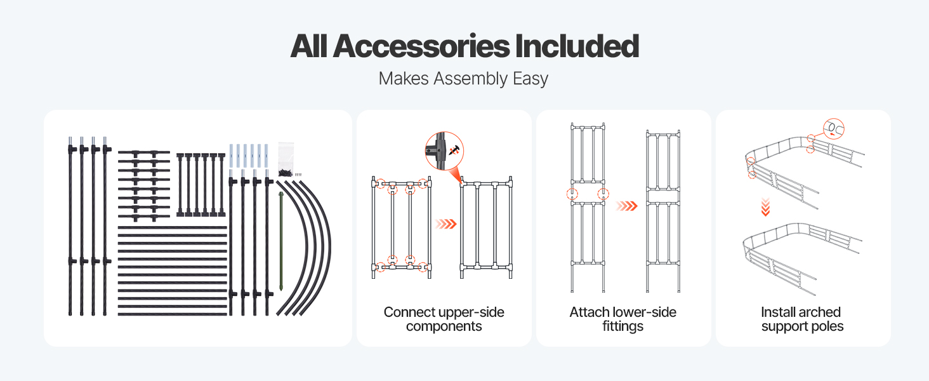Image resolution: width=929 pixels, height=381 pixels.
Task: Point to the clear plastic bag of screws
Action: point(287,155)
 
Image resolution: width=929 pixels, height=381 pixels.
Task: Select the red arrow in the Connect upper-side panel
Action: point(445,224)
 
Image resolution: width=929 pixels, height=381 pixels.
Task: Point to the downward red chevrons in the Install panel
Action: point(765,206)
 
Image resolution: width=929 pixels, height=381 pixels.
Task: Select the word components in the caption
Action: point(444,327)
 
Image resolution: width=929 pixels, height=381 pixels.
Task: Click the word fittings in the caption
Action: point(623,327)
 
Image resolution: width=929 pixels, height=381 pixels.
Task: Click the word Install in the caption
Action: point(779,312)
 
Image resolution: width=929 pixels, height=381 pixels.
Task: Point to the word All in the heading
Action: point(309,46)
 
